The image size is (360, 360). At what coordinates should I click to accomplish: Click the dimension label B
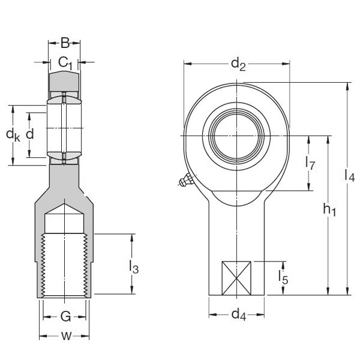(x=65, y=43)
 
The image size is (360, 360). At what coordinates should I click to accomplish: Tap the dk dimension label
(x=13, y=135)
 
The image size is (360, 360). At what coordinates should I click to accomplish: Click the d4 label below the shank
(x=238, y=313)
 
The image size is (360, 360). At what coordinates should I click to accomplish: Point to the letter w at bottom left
(x=65, y=336)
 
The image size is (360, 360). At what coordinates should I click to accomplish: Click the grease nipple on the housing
(x=185, y=181)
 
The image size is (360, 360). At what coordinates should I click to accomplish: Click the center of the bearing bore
(x=237, y=135)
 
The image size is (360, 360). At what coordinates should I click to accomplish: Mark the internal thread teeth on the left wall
(x=44, y=264)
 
